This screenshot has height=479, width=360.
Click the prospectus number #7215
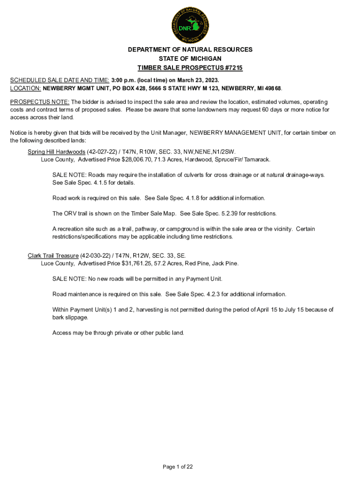coord(232,68)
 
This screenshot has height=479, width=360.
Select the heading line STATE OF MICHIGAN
coord(190,58)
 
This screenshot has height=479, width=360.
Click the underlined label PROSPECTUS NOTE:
coord(40,102)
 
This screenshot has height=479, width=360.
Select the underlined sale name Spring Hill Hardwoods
coord(56,152)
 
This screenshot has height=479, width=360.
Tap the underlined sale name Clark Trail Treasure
coord(53,256)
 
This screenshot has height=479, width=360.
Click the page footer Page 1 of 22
coord(178,467)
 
